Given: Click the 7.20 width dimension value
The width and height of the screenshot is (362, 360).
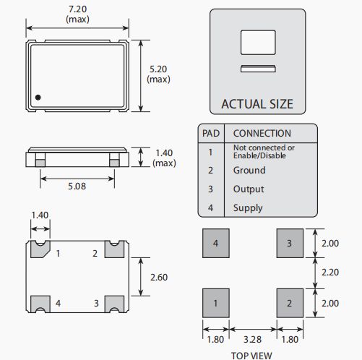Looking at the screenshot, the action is tap(77, 9).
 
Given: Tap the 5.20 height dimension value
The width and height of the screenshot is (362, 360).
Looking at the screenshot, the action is tap(158, 69).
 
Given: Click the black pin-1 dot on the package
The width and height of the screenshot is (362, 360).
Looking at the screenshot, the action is tap(38, 98).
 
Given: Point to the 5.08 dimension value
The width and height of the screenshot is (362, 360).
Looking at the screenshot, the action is tap(77, 187).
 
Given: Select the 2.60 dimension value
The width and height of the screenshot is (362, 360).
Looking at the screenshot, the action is tap(159, 278).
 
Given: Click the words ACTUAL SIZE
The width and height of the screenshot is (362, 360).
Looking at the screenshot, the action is tap(257, 104).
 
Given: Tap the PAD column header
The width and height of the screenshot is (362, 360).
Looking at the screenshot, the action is tap(211, 133).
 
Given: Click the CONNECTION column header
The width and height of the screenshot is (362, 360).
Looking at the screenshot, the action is tap(262, 133).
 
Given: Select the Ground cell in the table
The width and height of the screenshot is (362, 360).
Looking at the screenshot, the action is tap(249, 170).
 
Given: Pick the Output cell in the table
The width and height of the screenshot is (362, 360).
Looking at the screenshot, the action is tap(249, 189).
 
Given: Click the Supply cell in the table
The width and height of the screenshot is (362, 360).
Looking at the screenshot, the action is tap(248, 208).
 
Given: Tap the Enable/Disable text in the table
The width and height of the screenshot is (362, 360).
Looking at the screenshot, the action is tap(259, 155).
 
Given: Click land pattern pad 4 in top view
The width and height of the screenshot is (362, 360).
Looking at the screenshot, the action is tap(216, 243).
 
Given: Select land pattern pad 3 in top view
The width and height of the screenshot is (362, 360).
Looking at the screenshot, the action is tap(290, 243).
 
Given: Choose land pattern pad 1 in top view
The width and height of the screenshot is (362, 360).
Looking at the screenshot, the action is tap(216, 303).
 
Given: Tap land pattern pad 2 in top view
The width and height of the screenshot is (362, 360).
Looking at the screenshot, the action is tap(290, 303).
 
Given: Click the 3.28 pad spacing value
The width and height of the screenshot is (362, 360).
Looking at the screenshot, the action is tap(252, 340).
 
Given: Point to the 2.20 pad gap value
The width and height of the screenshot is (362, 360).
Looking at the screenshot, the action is tap(330, 273).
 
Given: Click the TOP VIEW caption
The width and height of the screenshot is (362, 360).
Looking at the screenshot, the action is tap(251, 356).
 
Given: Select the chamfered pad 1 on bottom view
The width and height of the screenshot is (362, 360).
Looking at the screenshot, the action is tap(40, 249).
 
